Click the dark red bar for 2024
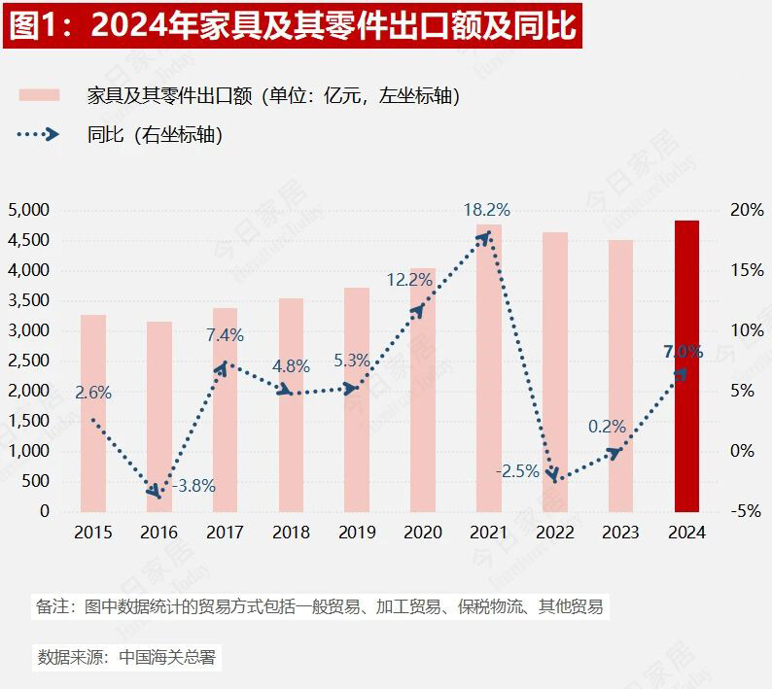click(686, 365)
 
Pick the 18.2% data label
click(486, 210)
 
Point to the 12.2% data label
click(409, 280)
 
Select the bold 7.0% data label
click(683, 352)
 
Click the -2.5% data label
click(517, 471)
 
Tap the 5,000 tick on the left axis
click(28, 210)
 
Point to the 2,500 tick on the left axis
click(28, 361)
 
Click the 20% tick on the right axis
click(747, 210)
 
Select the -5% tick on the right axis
click(747, 511)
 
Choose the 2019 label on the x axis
click(357, 533)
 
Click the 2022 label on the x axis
click(554, 533)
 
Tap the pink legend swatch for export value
click(40, 95)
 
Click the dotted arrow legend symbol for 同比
click(40, 135)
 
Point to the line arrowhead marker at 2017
click(223, 367)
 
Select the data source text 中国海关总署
click(166, 657)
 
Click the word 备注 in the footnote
click(52, 607)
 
